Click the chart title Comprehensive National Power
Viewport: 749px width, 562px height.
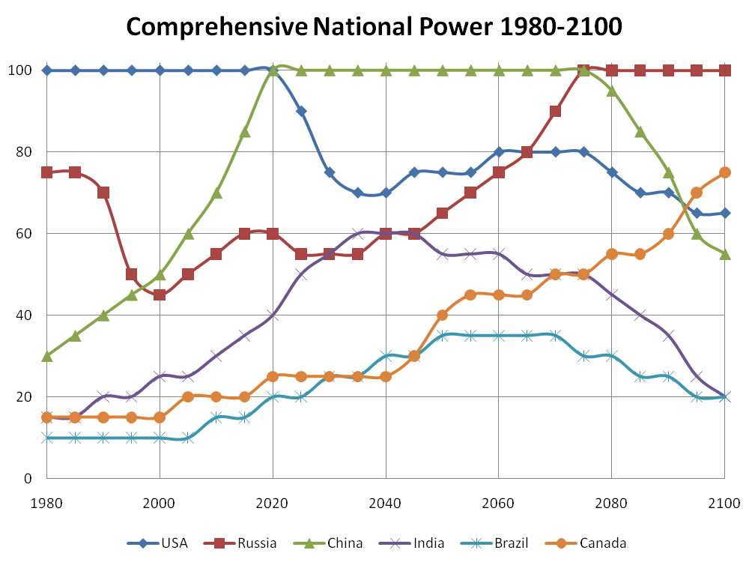pos(374,27)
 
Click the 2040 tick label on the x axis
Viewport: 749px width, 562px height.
pos(386,501)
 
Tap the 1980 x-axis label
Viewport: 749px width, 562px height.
pos(46,501)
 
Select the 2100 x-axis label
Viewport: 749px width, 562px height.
pos(724,501)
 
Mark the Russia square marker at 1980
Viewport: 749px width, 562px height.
pos(47,172)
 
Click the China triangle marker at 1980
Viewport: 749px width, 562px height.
pos(47,356)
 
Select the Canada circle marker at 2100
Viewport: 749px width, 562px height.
pos(724,172)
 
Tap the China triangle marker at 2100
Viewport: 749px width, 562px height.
pos(724,254)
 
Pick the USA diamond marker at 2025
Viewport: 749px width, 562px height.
pos(301,111)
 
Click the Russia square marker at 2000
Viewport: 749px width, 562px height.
pos(160,294)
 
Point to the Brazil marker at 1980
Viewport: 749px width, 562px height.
pos(47,438)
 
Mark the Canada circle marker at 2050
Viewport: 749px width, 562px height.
pos(442,315)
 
